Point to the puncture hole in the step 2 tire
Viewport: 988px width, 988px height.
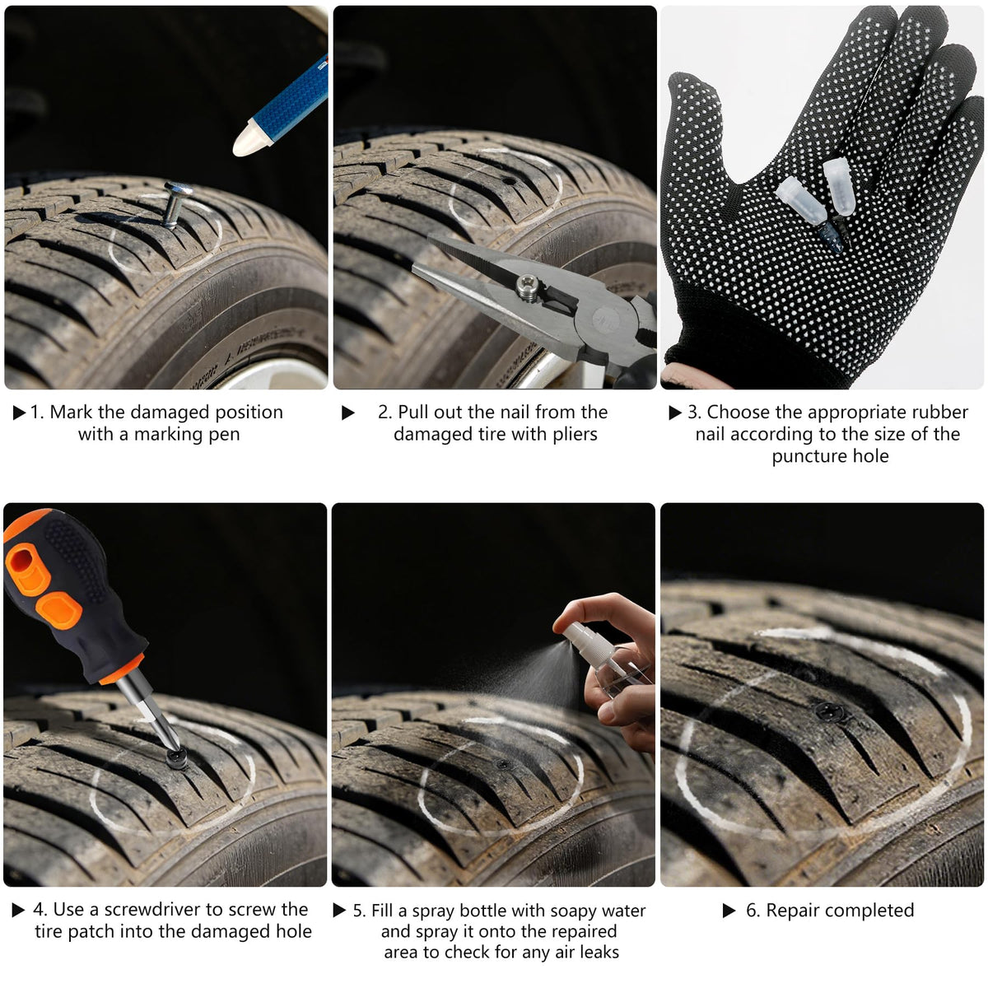pos(508,181)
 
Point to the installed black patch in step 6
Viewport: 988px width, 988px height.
pos(829,711)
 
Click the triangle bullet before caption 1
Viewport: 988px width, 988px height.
pos(19,412)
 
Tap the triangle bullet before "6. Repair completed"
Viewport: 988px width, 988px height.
pos(729,911)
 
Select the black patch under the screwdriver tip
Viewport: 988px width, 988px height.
pos(176,757)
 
